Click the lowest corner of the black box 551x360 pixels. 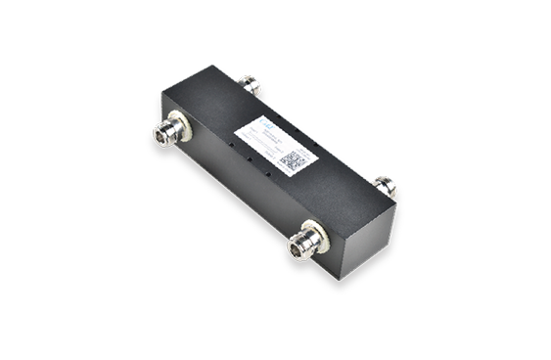(344, 277)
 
